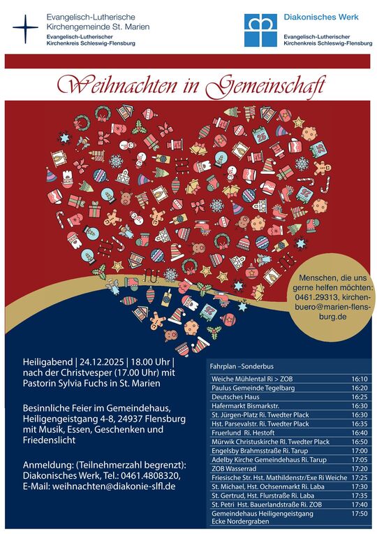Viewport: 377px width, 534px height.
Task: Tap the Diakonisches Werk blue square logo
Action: tap(260, 30)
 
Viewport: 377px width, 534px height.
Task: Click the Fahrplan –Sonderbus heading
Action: tap(242, 366)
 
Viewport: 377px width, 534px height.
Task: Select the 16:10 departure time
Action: tap(360, 379)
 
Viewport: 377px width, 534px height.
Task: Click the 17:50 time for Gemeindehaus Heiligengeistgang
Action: tap(360, 514)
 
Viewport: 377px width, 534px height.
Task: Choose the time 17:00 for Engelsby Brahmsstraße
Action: tap(360, 451)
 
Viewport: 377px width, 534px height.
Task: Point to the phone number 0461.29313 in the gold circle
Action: tap(320, 298)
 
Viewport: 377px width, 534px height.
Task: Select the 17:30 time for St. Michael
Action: tap(360, 486)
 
